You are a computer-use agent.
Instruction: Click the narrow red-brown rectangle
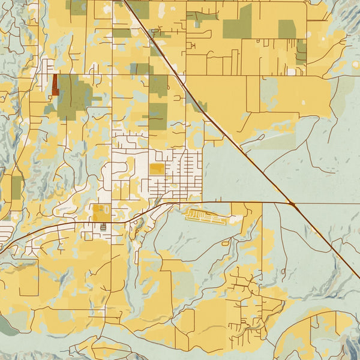(x=55, y=85)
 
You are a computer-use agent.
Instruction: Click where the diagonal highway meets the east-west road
(x=292, y=205)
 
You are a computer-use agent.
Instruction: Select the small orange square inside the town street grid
(x=156, y=169)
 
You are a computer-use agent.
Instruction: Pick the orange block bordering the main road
(x=99, y=212)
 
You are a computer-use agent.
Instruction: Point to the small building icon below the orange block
(x=103, y=227)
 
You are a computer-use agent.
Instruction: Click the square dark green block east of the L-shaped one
(x=287, y=29)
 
